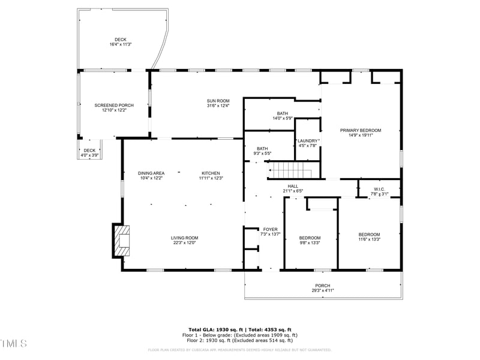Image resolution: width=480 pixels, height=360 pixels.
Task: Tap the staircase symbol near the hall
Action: (x=290, y=170)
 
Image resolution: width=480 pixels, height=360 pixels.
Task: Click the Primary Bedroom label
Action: (x=361, y=130)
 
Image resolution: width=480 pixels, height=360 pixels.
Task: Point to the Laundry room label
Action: (x=308, y=140)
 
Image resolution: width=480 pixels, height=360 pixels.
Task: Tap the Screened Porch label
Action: (x=114, y=105)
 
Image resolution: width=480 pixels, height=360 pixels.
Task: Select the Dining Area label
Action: (x=151, y=173)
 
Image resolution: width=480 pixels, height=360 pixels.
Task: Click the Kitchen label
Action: (x=211, y=173)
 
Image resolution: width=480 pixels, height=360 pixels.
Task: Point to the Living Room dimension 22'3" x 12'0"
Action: (x=184, y=243)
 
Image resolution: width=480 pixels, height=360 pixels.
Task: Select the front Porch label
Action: (x=323, y=286)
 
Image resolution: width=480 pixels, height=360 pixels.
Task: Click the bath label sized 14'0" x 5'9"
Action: (x=283, y=113)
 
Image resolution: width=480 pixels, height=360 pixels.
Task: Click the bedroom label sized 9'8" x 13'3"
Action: (x=310, y=238)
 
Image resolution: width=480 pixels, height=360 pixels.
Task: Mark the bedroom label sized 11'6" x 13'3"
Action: (x=369, y=235)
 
